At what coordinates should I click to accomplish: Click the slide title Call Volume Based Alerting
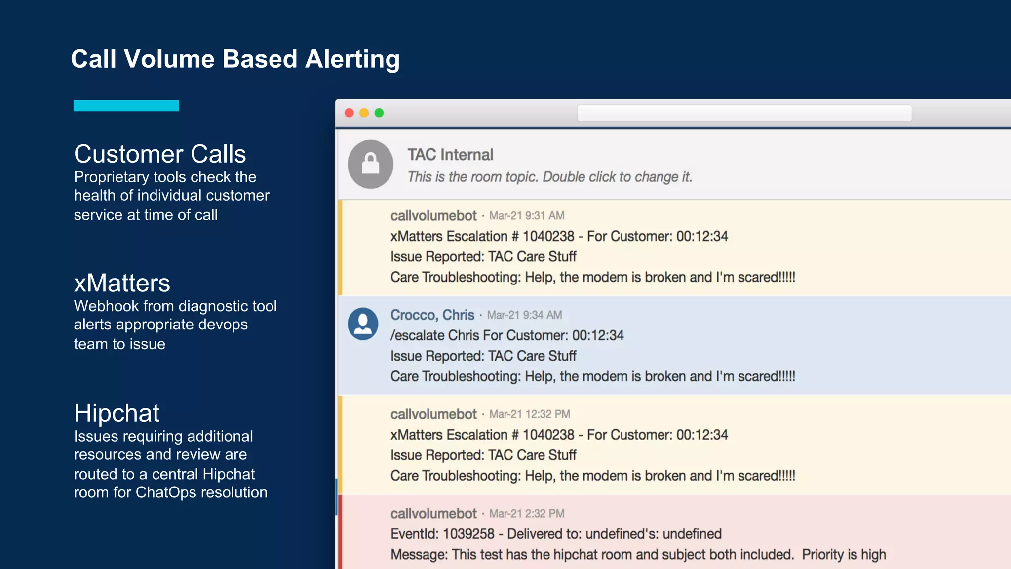pyautogui.click(x=235, y=59)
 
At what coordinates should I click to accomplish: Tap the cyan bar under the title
pyautogui.click(x=126, y=106)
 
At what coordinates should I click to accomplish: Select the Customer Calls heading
pyautogui.click(x=160, y=154)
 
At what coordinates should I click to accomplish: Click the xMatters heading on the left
pyautogui.click(x=122, y=284)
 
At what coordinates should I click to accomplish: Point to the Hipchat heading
pyautogui.click(x=117, y=413)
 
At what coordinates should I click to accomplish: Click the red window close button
pyautogui.click(x=349, y=113)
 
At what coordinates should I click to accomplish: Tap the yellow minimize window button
pyautogui.click(x=364, y=113)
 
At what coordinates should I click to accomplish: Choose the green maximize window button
pyautogui.click(x=379, y=113)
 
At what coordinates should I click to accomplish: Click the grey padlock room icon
pyautogui.click(x=370, y=164)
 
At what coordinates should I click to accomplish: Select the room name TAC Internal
pyautogui.click(x=450, y=155)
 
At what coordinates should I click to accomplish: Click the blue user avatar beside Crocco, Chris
pyautogui.click(x=363, y=324)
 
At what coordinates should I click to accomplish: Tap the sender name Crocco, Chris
pyautogui.click(x=432, y=315)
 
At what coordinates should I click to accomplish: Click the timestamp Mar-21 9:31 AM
pyautogui.click(x=527, y=216)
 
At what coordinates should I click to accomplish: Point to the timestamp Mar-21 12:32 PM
pyautogui.click(x=530, y=414)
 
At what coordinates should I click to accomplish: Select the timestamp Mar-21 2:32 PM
pyautogui.click(x=527, y=514)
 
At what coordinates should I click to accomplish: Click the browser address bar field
pyautogui.click(x=744, y=113)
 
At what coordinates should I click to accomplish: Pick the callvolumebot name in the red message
pyautogui.click(x=433, y=514)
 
